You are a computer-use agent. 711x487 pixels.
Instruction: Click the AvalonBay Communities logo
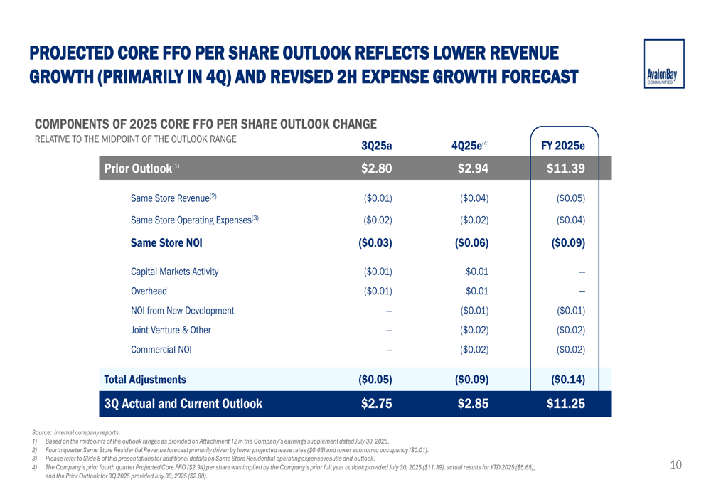[664, 63]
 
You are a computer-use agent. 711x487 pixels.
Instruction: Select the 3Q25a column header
[377, 146]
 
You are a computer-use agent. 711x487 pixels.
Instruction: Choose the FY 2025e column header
[563, 146]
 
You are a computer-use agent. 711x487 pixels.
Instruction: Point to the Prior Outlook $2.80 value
[377, 168]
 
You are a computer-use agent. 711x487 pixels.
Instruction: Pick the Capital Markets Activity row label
[174, 272]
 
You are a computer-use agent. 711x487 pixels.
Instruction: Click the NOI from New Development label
[182, 311]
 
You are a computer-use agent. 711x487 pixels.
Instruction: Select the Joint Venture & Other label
[171, 330]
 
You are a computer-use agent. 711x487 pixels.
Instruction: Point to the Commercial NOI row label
[161, 349]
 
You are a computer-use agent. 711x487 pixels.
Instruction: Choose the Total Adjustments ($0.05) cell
[377, 379]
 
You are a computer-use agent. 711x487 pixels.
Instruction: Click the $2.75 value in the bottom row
[377, 404]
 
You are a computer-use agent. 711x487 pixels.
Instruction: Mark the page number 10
[675, 466]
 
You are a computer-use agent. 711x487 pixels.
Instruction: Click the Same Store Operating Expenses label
[194, 220]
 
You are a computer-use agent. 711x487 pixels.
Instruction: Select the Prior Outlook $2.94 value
[471, 168]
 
